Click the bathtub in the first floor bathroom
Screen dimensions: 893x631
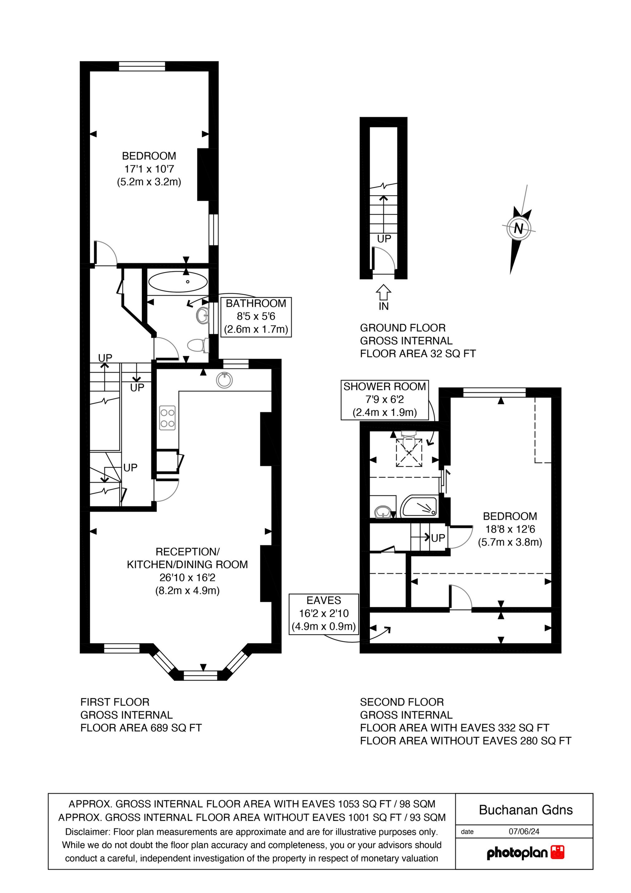pos(178,281)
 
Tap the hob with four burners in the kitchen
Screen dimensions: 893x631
pos(167,418)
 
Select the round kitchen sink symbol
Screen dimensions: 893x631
pos(224,380)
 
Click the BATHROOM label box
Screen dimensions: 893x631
pos(256,316)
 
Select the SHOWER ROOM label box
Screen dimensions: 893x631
pos(385,399)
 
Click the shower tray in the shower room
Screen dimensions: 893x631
pos(419,506)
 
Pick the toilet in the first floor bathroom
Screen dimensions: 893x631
pos(198,345)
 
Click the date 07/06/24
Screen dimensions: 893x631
pos(524,832)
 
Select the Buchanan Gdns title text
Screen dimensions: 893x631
pos(526,810)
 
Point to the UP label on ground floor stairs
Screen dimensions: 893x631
pos(384,239)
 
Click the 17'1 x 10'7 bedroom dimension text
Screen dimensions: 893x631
pos(149,169)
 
